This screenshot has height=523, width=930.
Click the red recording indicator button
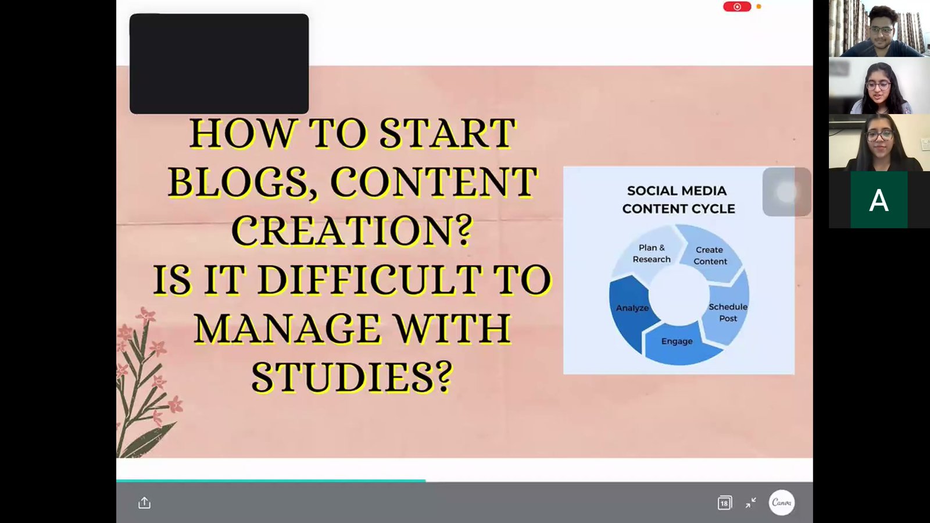coord(737,6)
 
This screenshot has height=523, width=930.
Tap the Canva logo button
coord(781,503)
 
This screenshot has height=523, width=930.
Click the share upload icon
coord(144,503)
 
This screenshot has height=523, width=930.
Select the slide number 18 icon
coord(724,503)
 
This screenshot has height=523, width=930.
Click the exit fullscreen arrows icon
coord(750,503)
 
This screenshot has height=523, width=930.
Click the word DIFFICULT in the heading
coord(370,280)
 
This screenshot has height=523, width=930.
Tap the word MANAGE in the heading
coord(287,328)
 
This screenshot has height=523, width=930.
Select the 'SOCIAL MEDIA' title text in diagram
coord(677,191)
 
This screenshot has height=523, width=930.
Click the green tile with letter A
coord(879,200)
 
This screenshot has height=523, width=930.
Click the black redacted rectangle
coord(219,63)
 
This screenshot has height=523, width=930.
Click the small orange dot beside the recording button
coord(759,6)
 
